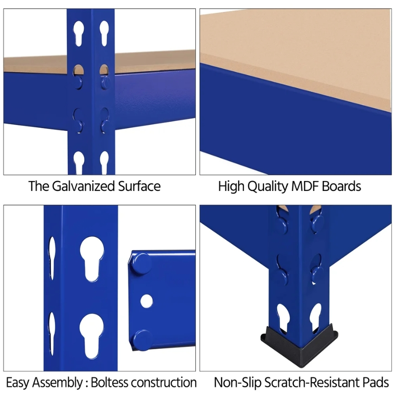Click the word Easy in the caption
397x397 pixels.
coord(18,382)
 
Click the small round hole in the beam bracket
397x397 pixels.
coord(147,301)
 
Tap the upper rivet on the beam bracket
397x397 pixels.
coord(142,263)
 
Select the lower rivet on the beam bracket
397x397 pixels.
coord(143,339)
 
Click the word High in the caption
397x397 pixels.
coord(230,186)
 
